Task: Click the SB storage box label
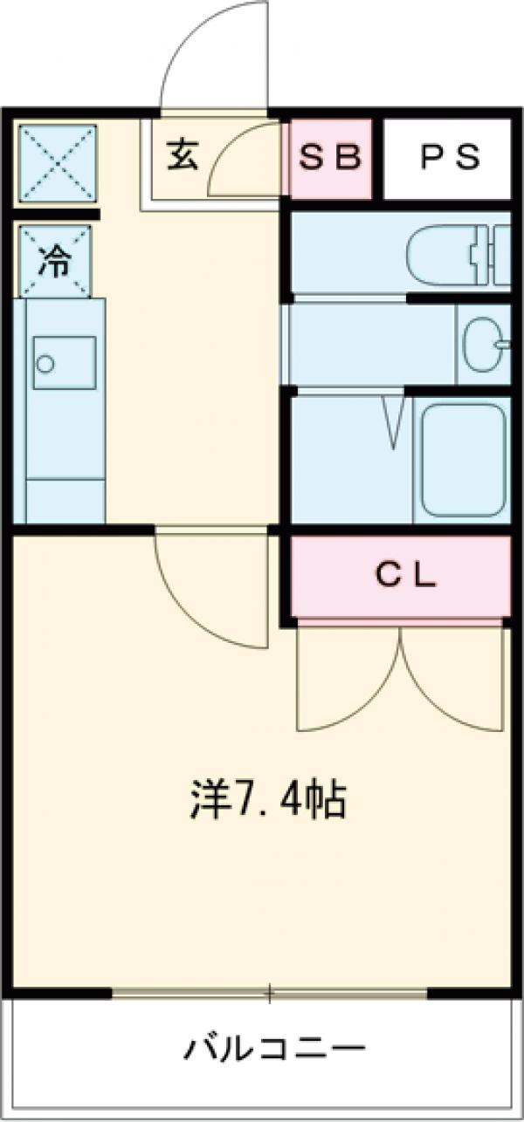330,157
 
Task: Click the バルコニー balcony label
272,1046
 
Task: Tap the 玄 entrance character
183,154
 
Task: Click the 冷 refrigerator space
55,261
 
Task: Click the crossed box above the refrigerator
58,163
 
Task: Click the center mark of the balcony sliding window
270,992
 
